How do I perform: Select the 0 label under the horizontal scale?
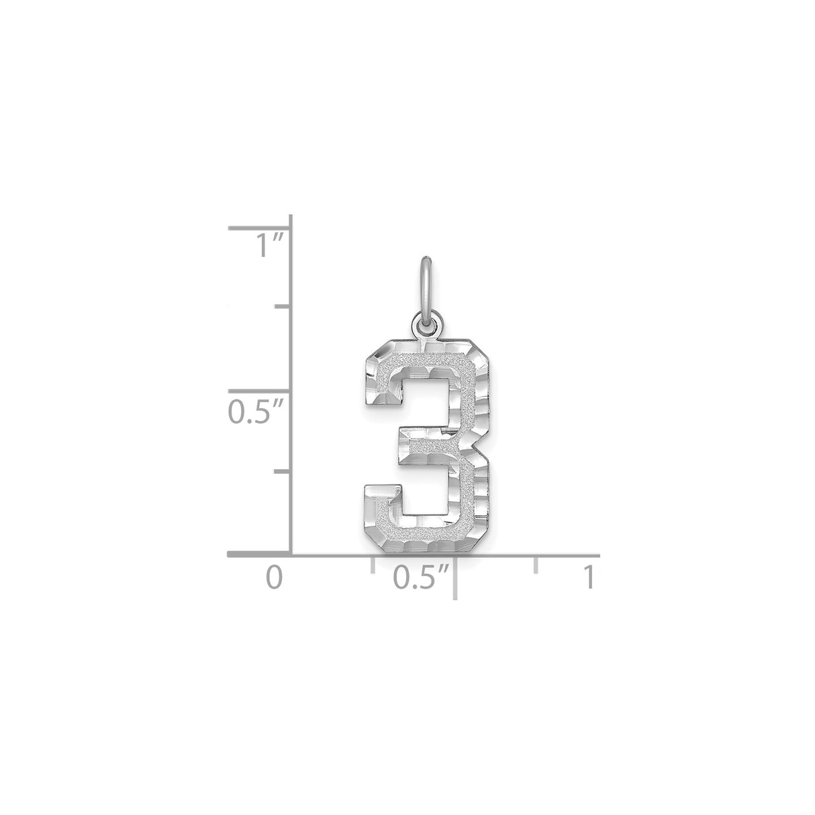tap(272, 578)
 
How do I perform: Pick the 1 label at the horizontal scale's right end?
tap(589, 578)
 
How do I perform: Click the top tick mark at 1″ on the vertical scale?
tap(258, 228)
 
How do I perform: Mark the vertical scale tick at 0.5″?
tap(258, 391)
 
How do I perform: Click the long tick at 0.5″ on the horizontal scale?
tap(455, 577)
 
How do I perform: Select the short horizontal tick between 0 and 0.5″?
tap(372, 565)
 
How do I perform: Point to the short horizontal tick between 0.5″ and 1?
tap(536, 565)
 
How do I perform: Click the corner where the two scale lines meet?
tap(290, 555)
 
